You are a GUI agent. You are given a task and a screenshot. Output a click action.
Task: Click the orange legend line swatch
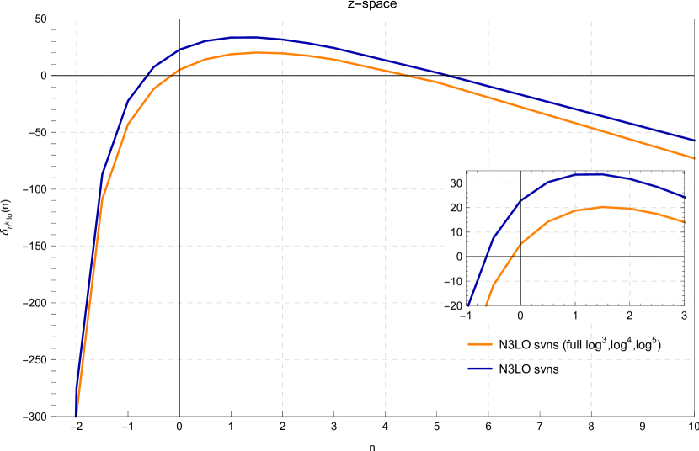480,344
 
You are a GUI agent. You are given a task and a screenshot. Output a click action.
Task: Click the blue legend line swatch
480,369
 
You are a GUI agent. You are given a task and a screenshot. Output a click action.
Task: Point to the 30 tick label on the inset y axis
454,183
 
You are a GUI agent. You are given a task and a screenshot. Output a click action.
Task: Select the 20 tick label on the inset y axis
454,208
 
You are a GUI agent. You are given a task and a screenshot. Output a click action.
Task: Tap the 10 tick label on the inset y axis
454,232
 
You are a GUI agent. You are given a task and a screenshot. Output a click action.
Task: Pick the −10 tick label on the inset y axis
451,282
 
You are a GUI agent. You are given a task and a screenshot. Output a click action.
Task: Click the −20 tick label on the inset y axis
451,306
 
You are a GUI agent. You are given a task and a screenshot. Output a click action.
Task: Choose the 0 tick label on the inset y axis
457,257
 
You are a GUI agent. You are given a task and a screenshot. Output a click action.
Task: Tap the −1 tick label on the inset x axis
465,316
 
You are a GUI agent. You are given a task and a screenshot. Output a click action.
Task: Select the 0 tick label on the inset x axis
520,316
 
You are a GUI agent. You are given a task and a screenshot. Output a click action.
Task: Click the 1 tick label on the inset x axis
575,316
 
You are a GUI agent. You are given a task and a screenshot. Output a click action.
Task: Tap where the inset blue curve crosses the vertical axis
520,200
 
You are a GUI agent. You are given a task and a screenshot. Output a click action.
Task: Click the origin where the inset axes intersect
520,257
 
